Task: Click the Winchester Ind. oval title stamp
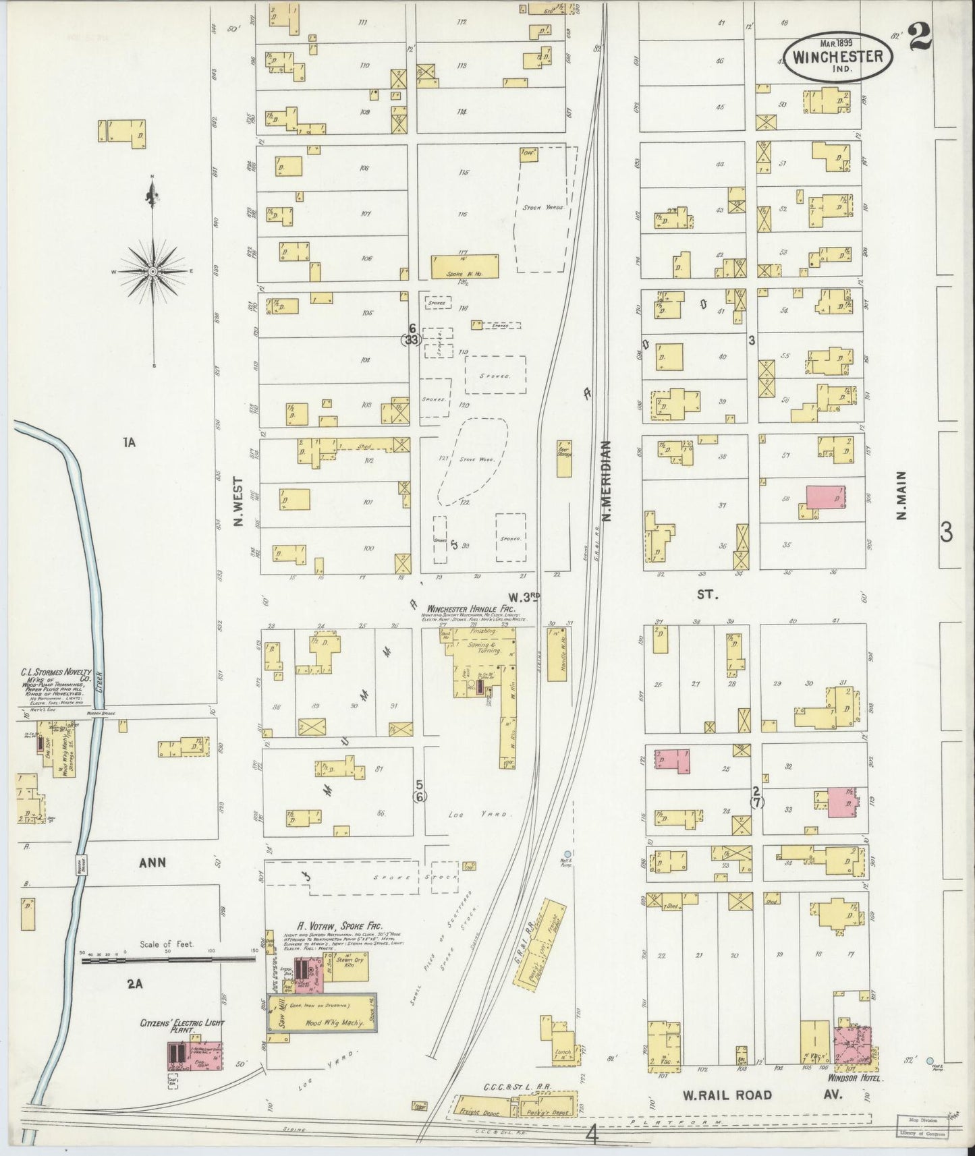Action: click(838, 58)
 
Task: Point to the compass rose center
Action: click(153, 271)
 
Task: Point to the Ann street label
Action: click(152, 862)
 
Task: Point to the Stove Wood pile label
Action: click(477, 459)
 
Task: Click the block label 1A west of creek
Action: click(130, 442)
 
